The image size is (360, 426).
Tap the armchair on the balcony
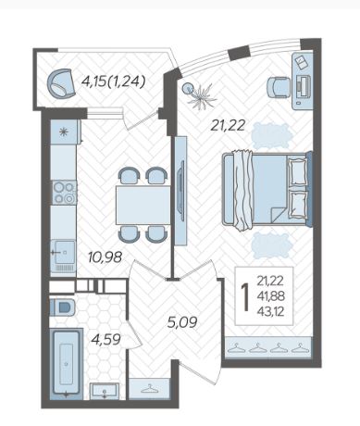(x=61, y=83)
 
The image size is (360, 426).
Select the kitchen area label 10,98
(x=105, y=257)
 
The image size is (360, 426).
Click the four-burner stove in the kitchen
(x=64, y=193)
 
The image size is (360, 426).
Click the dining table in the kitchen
(x=143, y=205)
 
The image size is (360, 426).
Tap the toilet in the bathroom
(x=62, y=307)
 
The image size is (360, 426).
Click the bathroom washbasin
(x=105, y=391)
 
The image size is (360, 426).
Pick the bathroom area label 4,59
(x=106, y=339)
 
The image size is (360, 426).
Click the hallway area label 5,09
(x=182, y=322)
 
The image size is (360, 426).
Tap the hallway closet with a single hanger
(x=149, y=388)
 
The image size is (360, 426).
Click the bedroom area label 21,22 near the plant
(x=228, y=125)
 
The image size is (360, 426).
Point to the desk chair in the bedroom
(x=279, y=87)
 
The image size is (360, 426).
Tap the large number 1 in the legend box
(x=245, y=297)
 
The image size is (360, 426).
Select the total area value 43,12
(x=270, y=312)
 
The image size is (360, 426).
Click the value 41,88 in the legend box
(x=270, y=296)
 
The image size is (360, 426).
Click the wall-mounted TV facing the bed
(x=181, y=190)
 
